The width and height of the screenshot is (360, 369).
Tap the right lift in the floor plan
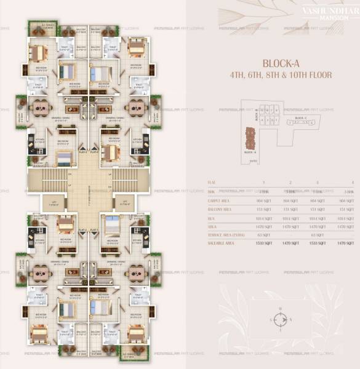[125, 203]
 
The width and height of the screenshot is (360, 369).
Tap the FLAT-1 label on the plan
[95, 229]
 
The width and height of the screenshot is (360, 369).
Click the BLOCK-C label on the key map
[301, 117]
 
